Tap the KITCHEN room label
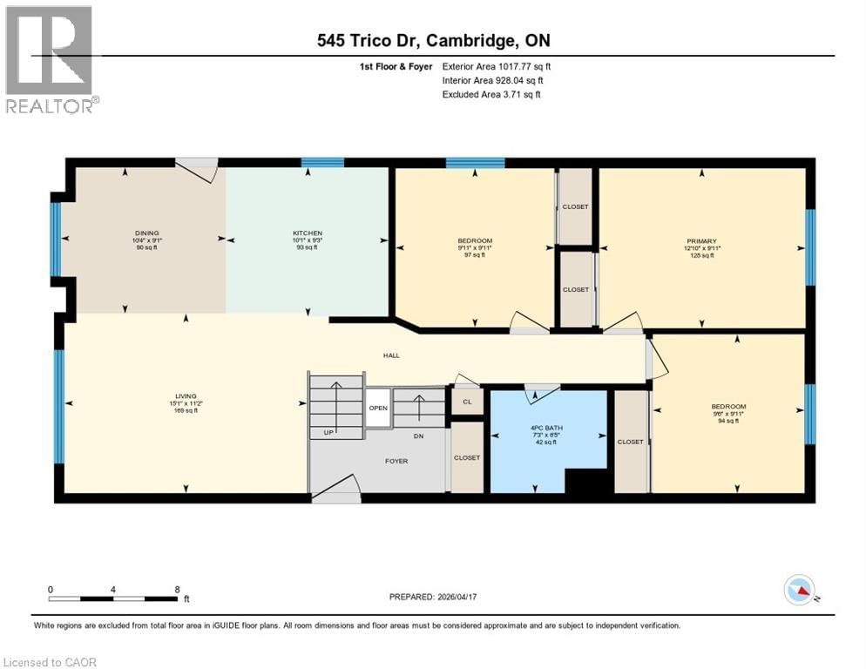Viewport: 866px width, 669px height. (307, 233)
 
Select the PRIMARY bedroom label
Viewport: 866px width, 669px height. (700, 241)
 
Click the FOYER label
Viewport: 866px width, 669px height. (396, 461)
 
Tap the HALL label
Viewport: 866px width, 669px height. (391, 355)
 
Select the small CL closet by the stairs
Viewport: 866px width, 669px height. (467, 402)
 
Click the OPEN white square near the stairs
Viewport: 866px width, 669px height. (377, 408)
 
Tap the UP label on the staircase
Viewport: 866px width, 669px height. (328, 432)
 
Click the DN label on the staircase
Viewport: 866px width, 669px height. (418, 436)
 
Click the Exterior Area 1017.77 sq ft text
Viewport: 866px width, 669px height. (497, 66)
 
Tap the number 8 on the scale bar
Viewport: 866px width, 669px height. (178, 589)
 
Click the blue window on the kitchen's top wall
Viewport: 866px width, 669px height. (322, 162)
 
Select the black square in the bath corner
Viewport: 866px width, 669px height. (585, 481)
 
